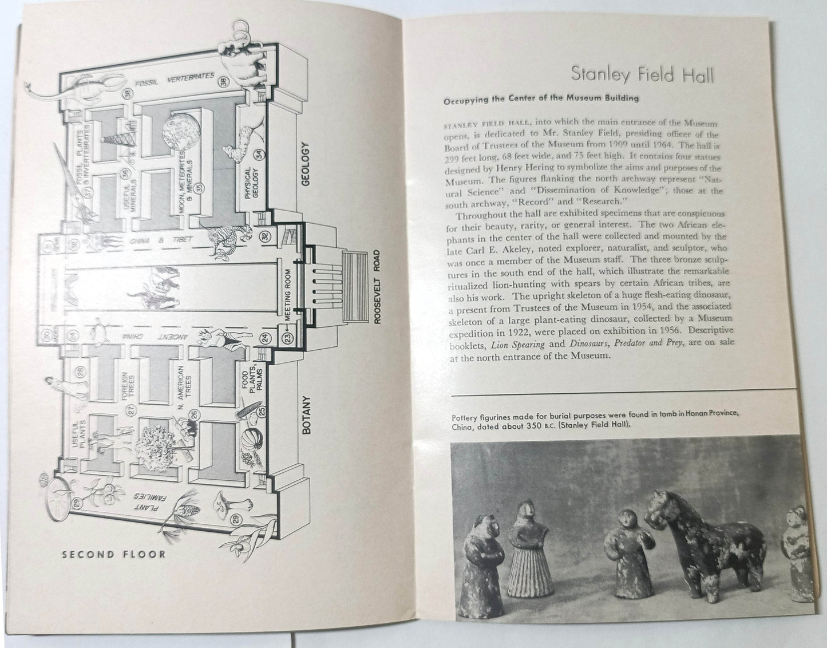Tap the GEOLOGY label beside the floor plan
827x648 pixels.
(305, 164)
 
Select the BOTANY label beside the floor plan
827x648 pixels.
(306, 415)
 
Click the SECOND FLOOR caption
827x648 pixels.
(114, 554)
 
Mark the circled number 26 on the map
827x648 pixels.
(195, 414)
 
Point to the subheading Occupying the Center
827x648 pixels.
(540, 98)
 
